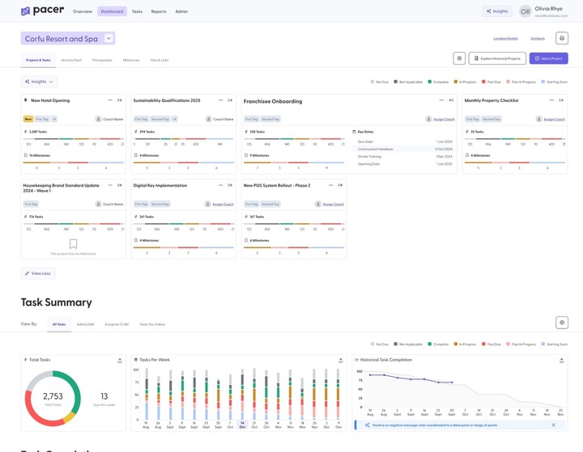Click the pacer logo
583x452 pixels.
click(42, 11)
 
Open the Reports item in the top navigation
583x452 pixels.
click(159, 11)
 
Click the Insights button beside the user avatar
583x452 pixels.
click(497, 11)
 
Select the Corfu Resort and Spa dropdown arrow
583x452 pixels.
click(109, 38)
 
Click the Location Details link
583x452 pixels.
click(505, 38)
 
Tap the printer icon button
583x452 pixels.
click(562, 38)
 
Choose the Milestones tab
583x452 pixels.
click(131, 60)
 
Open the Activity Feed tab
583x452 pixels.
click(71, 60)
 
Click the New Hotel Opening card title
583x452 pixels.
click(50, 100)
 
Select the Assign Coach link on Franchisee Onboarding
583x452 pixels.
click(442, 119)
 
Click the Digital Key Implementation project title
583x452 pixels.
click(160, 185)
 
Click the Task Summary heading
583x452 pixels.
click(57, 302)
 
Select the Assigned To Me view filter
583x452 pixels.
click(117, 323)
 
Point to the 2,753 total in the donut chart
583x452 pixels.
click(52, 396)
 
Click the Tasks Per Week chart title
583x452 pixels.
click(155, 360)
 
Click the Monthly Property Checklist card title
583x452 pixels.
click(492, 100)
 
